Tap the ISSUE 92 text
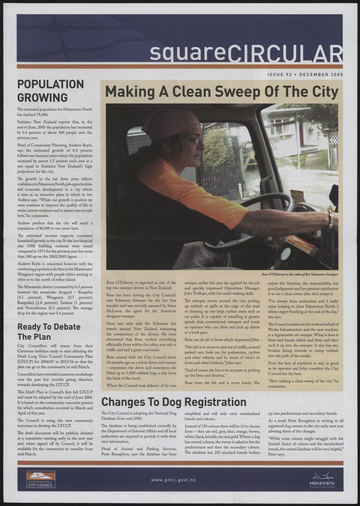pyautogui.click(x=279, y=75)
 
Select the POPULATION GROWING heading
pyautogui.click(x=50, y=90)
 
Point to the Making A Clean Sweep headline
pyautogui.click(x=222, y=92)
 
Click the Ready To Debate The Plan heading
pyautogui.click(x=49, y=332)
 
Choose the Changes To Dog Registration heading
pyautogui.click(x=174, y=401)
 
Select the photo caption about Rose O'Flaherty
pyautogui.click(x=300, y=273)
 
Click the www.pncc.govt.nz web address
pyautogui.click(x=173, y=480)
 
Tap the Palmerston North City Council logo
pyautogui.click(x=41, y=479)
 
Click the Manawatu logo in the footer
pyautogui.click(x=322, y=480)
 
